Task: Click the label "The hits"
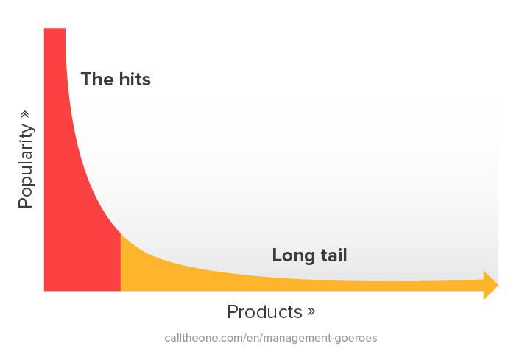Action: coord(115,80)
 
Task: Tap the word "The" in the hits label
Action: coord(95,80)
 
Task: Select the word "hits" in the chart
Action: coord(134,80)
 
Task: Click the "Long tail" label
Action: coord(309,255)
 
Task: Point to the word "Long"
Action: coord(292,256)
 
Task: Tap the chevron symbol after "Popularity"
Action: coord(26,115)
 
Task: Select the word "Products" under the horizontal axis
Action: coord(264,311)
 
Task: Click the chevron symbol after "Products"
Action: coord(311,311)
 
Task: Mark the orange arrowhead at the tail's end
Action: coord(490,285)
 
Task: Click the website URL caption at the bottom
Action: coord(270,339)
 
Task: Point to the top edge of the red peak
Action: coord(54,29)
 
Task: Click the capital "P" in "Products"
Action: coord(233,311)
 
